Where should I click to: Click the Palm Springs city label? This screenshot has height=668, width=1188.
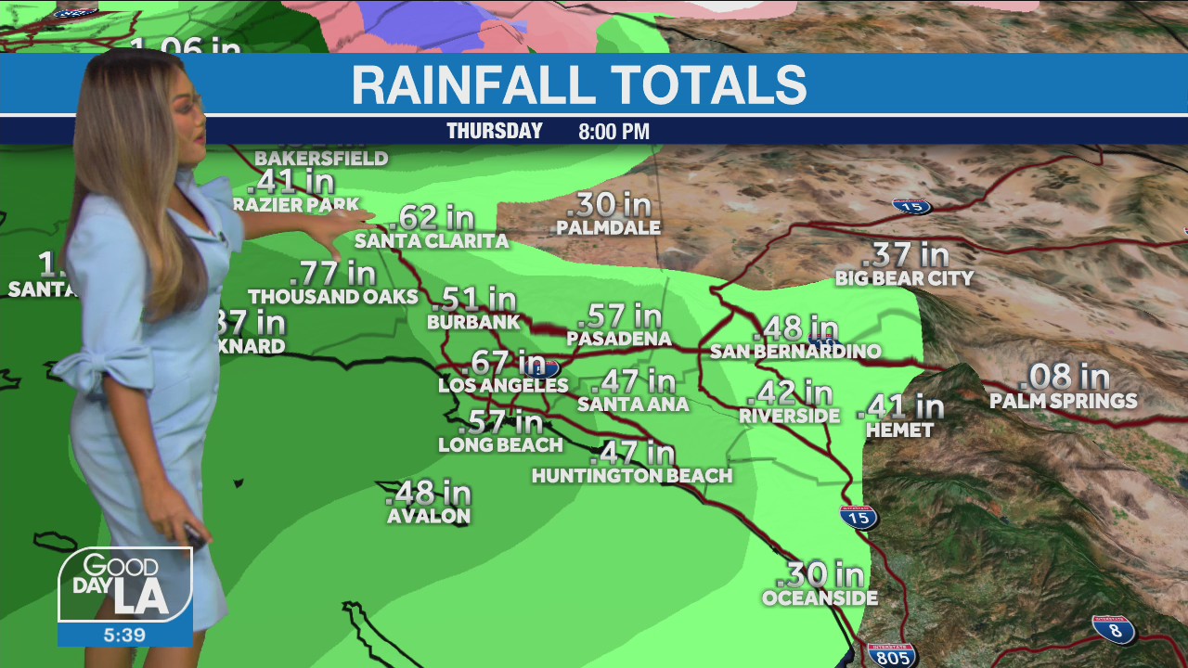[x=1063, y=401]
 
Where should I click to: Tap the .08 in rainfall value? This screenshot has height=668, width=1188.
[x=1067, y=377]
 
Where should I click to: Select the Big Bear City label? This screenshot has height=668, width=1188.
[x=904, y=278]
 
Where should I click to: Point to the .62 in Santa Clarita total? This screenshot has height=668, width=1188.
[x=432, y=218]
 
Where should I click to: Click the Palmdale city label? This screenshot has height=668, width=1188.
[x=609, y=227]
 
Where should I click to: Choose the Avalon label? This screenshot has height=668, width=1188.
[x=429, y=516]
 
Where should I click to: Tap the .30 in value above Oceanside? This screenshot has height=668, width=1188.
[x=826, y=574]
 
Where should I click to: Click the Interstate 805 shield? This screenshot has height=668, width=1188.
[x=891, y=654]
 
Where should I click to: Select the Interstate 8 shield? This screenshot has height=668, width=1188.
[x=1114, y=630]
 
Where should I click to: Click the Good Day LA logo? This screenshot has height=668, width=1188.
[x=125, y=584]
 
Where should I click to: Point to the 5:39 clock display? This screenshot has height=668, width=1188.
[x=125, y=636]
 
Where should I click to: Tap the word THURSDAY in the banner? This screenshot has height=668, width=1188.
[x=495, y=131]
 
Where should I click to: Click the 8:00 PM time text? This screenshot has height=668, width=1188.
[x=613, y=132]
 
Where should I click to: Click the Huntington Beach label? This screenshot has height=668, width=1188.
[x=632, y=476]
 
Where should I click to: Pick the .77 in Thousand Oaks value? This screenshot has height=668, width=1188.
[x=332, y=274]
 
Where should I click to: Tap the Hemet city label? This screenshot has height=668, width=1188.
[x=899, y=430]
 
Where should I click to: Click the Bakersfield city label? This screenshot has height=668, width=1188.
[x=321, y=159]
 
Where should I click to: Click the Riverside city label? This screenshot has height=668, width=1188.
[x=789, y=417]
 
